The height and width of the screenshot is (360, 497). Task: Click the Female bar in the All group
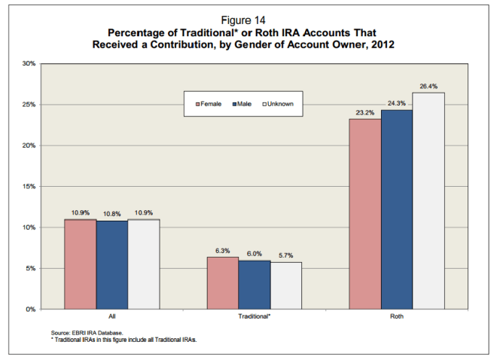tap(80, 264)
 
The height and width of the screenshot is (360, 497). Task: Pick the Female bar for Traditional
tap(222, 282)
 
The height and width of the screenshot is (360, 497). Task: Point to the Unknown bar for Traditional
tap(285, 285)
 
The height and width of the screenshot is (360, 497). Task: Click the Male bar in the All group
tap(111, 264)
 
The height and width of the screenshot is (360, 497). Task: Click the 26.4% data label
tap(428, 87)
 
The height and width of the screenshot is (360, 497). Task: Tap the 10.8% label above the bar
tap(111, 214)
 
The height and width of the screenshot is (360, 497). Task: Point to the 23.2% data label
tap(364, 113)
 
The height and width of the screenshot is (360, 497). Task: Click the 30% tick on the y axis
tap(29, 63)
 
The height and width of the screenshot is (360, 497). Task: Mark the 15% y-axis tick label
tap(29, 186)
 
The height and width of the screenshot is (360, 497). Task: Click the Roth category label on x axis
tap(396, 318)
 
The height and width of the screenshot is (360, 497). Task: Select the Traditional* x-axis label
tap(254, 318)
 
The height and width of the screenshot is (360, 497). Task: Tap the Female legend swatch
tap(197, 103)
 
